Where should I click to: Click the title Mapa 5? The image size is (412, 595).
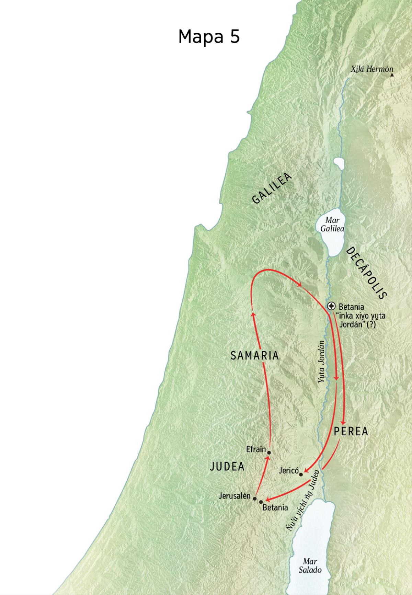[x=209, y=36]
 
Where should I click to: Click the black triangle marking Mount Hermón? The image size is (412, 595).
[x=392, y=74]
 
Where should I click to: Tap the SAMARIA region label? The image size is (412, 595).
[x=254, y=356]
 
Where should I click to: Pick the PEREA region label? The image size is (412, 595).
[x=351, y=432]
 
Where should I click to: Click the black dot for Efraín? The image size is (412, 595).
[x=269, y=453]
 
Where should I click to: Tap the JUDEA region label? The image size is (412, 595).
[x=227, y=466]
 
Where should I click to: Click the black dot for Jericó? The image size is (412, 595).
[x=301, y=474]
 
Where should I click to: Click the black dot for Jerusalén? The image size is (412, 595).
[x=255, y=498]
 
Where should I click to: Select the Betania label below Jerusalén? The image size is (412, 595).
[x=275, y=507]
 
